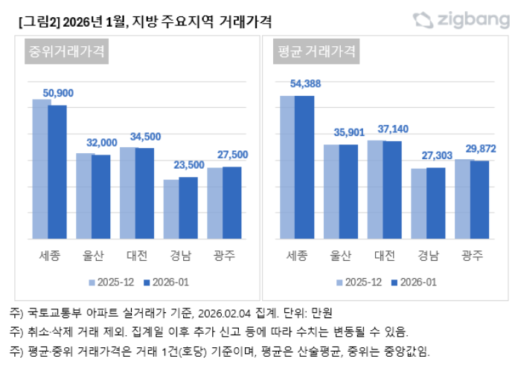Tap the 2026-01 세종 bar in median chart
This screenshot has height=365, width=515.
(57, 172)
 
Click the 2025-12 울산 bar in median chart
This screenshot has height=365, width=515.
(84, 196)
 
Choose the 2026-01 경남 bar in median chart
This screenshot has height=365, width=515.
(188, 207)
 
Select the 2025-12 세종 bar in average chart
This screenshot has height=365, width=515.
(287, 167)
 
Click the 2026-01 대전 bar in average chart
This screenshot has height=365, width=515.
(392, 190)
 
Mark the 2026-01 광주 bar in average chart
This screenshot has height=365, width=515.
(480, 199)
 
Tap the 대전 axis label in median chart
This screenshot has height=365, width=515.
(135, 256)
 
